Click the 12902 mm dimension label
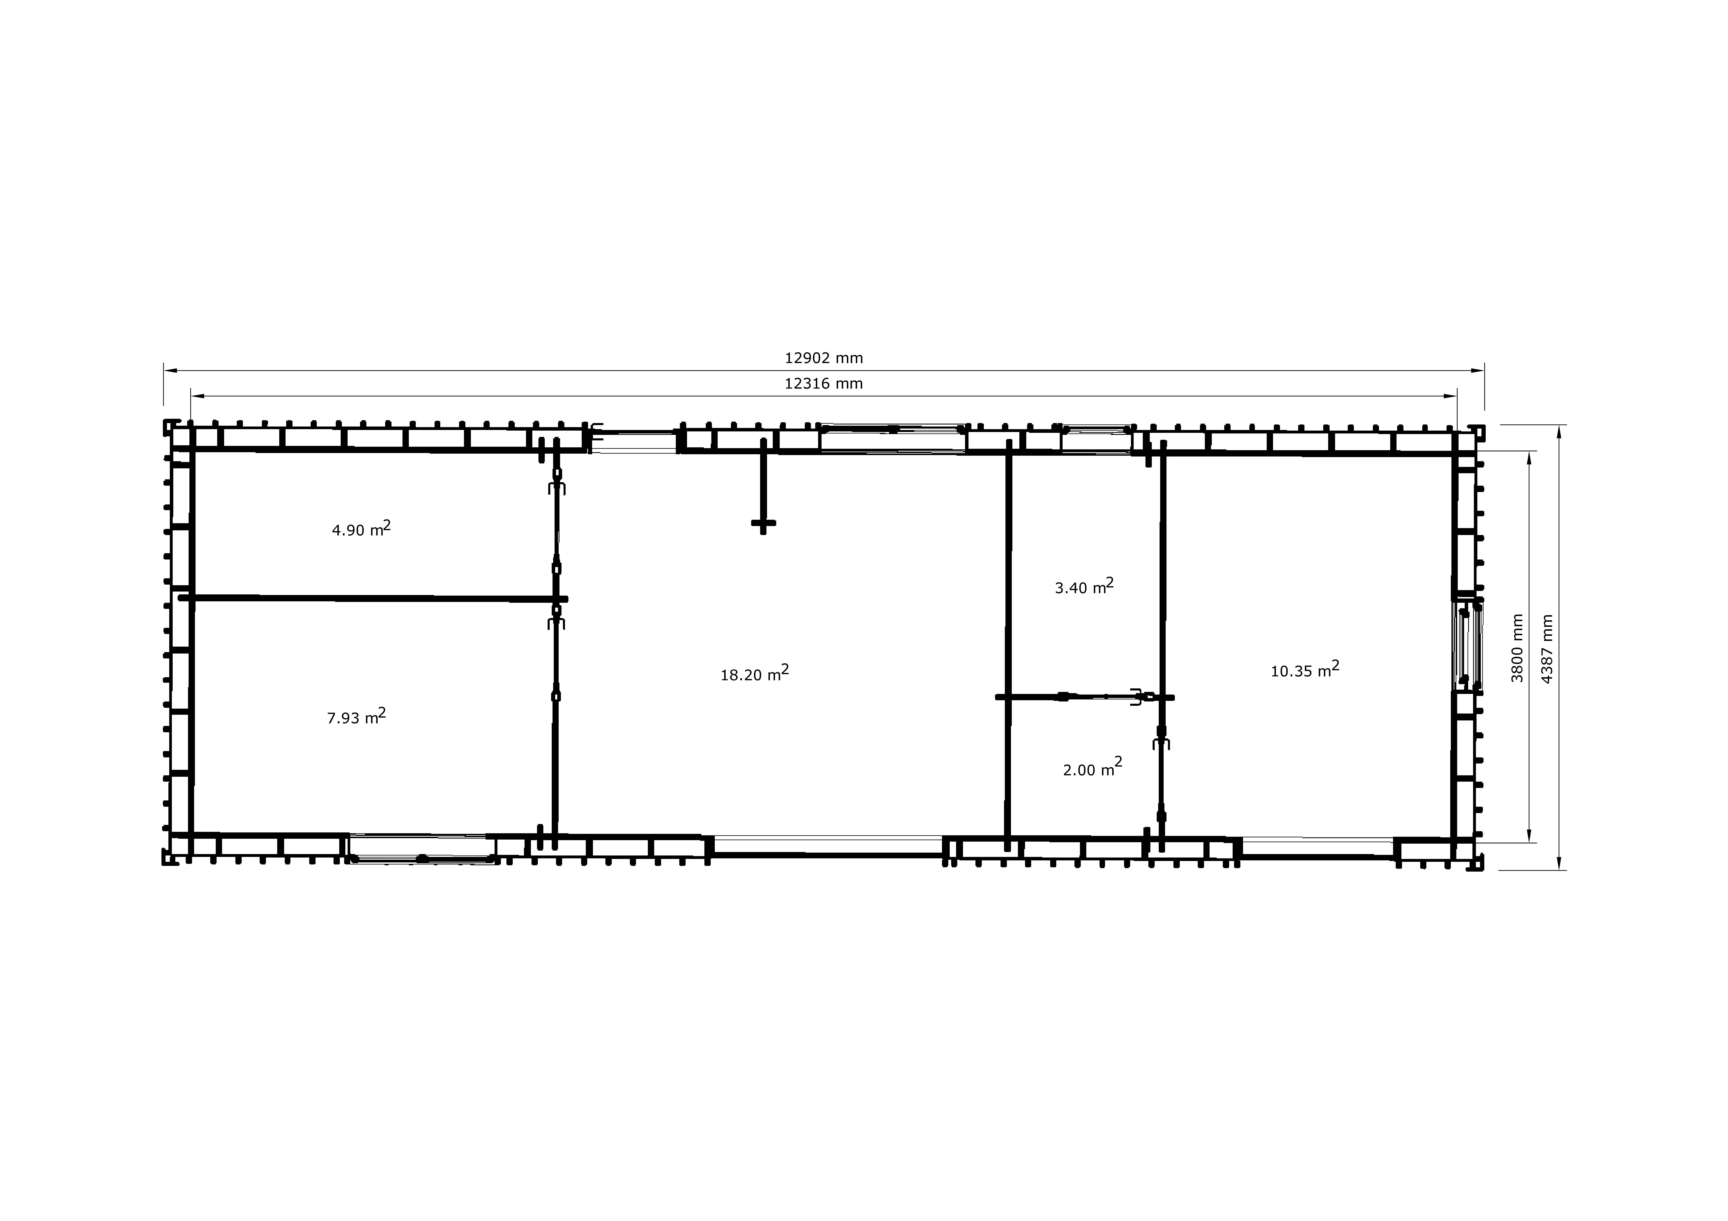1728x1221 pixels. pyautogui.click(x=823, y=358)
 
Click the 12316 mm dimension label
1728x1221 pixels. pyautogui.click(x=823, y=384)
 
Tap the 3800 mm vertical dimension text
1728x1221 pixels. pyautogui.click(x=1517, y=648)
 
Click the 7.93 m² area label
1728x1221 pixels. pyautogui.click(x=356, y=716)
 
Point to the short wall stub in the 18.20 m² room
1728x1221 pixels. pyautogui.click(x=763, y=487)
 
